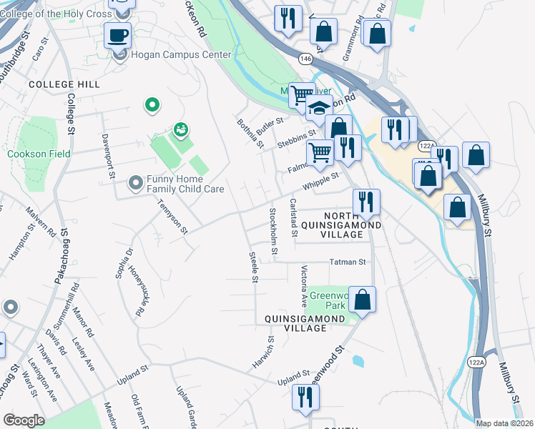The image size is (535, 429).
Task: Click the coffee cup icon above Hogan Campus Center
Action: point(117,34)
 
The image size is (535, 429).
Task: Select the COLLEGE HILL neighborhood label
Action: point(64,84)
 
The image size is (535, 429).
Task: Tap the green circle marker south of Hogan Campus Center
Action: point(152,106)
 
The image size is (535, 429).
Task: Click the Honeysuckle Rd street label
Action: point(137,291)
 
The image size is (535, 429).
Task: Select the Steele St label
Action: point(252,267)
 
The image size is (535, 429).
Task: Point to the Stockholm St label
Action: point(273,233)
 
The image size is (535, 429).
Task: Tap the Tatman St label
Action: point(348,262)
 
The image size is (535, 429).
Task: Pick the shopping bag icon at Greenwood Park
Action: point(363,299)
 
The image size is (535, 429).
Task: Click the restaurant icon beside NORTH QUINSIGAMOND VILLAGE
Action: point(366,201)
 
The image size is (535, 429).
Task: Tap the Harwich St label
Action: point(262,352)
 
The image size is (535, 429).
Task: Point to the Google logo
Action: point(24,420)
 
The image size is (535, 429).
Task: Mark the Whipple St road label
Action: point(320,181)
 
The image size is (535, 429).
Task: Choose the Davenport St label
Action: point(108,156)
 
